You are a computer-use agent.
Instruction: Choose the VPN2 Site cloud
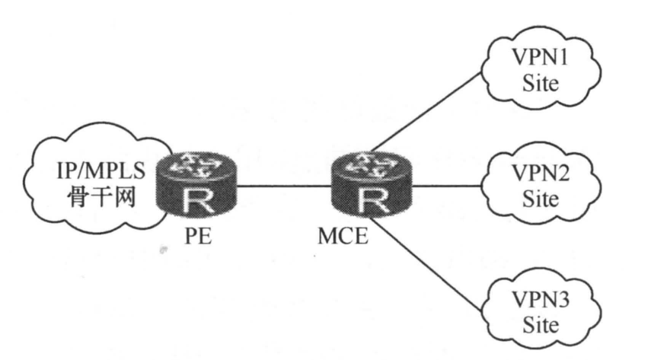(x=540, y=186)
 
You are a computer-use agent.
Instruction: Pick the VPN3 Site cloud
(x=540, y=312)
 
